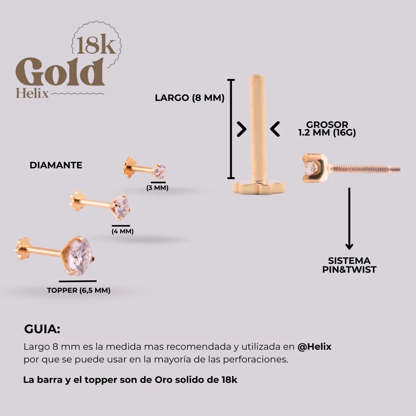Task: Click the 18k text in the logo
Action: coord(96,45)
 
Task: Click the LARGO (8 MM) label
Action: coord(190,98)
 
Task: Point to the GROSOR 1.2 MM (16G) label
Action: coord(327,129)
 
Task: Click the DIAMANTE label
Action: coord(56,165)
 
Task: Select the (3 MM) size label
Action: coord(157,188)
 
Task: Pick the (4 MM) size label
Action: coord(122,231)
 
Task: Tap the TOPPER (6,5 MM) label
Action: coord(79,290)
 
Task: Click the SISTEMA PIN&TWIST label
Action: coord(349,265)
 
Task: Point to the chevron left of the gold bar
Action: coord(242,129)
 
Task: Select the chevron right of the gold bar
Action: coord(275,129)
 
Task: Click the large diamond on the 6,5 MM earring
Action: coord(79,256)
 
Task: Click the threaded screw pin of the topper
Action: coord(364,169)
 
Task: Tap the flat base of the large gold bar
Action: coord(258,188)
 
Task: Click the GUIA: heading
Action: coord(42,330)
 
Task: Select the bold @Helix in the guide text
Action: coord(314,347)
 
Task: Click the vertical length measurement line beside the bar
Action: coord(231,129)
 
